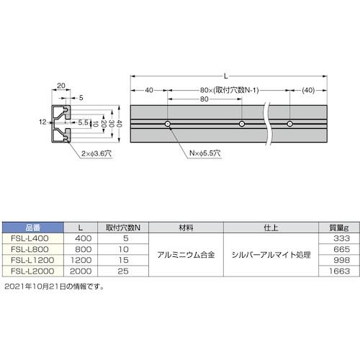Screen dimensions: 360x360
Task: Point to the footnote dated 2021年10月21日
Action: pos(54,287)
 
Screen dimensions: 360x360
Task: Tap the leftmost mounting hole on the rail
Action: pos(168,125)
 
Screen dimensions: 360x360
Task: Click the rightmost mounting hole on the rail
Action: pos(289,125)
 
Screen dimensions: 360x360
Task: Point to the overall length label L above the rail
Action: pos(228,75)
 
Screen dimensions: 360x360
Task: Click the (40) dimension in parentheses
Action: pos(309,90)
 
